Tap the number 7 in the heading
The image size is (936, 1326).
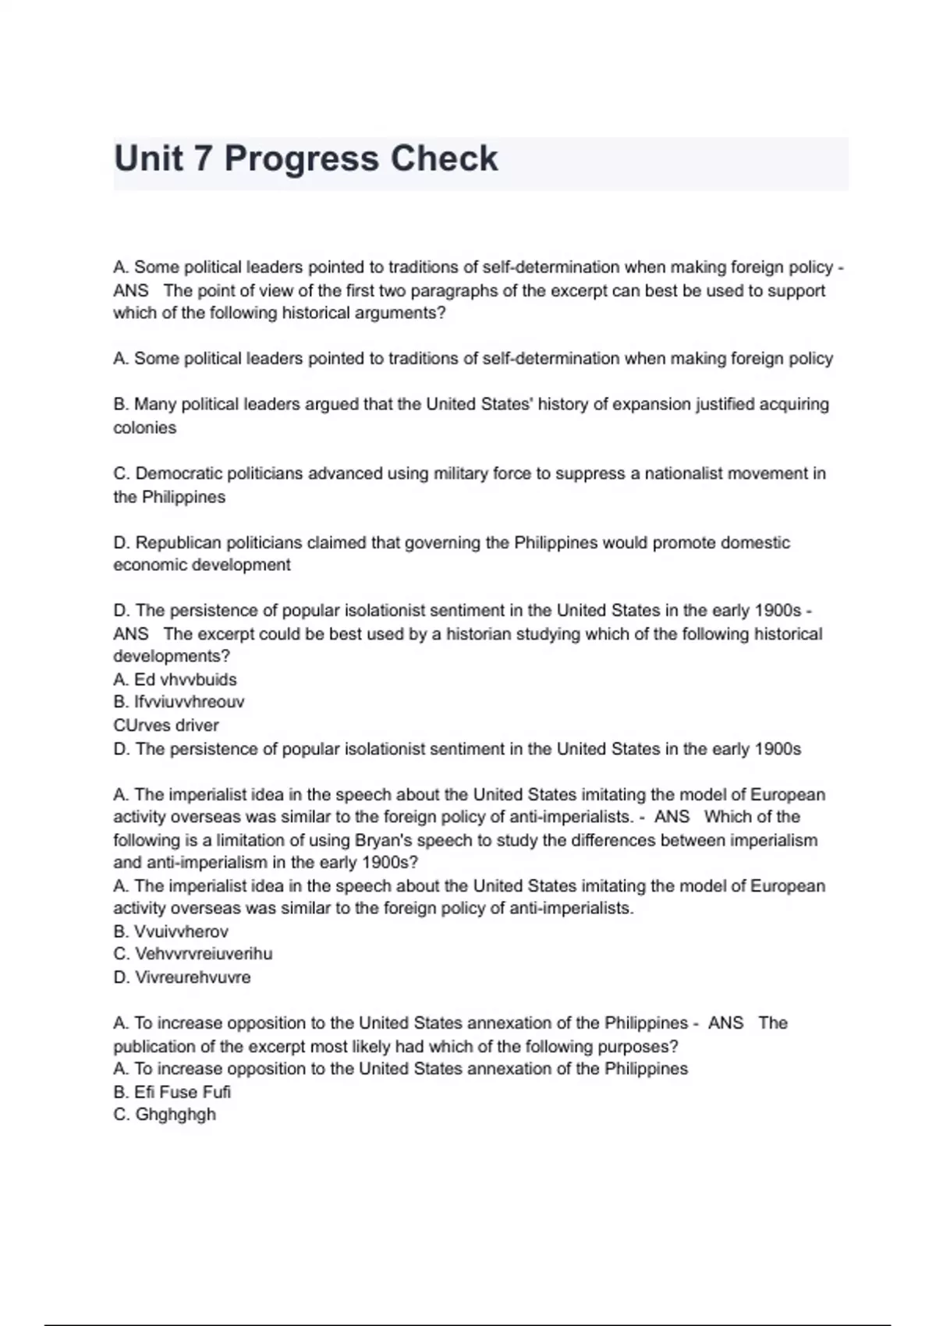pyautogui.click(x=202, y=159)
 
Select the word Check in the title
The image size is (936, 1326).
pyautogui.click(x=443, y=159)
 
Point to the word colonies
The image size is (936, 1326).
pyautogui.click(x=145, y=427)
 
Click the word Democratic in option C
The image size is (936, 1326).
pyautogui.click(x=177, y=473)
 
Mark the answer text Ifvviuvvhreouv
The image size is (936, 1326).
pyautogui.click(x=190, y=702)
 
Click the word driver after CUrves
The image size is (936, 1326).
pyautogui.click(x=197, y=725)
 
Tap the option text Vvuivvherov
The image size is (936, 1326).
pyautogui.click(x=182, y=931)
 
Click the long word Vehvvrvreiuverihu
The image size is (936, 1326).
pyautogui.click(x=204, y=954)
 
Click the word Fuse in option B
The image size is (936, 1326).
pyautogui.click(x=178, y=1092)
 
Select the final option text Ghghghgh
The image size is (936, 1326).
pyautogui.click(x=175, y=1115)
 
